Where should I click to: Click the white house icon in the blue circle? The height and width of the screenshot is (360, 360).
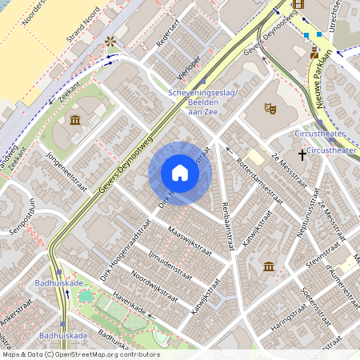click(x=180, y=173)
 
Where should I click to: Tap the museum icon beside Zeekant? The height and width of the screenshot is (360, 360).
click(x=75, y=120)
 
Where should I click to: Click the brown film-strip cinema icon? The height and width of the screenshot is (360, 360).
click(x=298, y=4)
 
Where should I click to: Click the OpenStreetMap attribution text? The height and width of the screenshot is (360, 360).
click(x=80, y=354)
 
